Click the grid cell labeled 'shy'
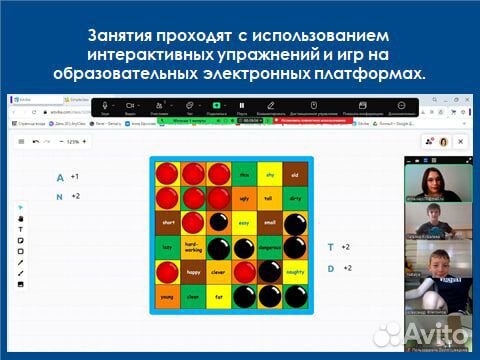pos(269,174)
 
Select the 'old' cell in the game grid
pos(294,174)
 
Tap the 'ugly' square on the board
pos(243,198)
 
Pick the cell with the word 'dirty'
pos(294,198)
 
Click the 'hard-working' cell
pos(193,247)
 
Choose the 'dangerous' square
pos(269,247)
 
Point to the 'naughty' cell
pos(294,271)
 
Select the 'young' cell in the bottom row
pos(168,296)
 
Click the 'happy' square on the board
pos(193,271)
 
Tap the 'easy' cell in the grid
pos(243,223)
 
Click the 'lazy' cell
pos(168,247)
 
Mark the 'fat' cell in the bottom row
pos(218,296)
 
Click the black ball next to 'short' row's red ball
pos(218,223)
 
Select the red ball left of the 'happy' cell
pos(168,271)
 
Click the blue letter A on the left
pos(60,177)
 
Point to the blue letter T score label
pos(331,246)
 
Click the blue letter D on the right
pos(331,268)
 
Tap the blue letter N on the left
pos(60,197)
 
